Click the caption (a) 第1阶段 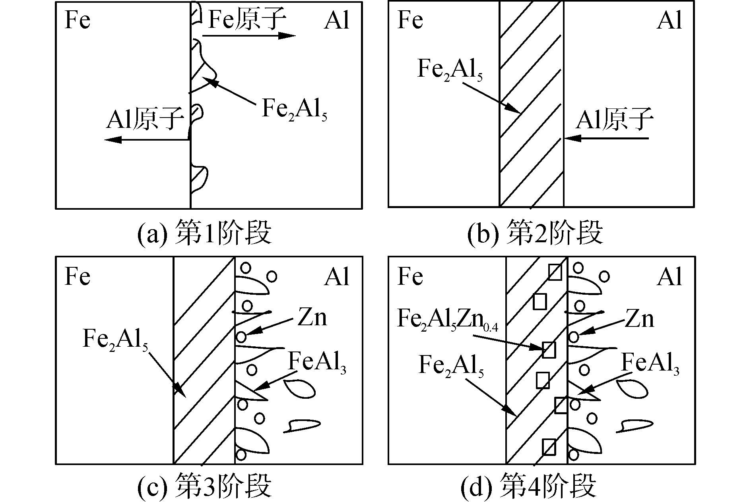204,234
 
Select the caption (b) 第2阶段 535,234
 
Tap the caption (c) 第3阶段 204,485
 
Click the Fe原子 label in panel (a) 246,20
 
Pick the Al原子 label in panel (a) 145,119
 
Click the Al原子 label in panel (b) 614,119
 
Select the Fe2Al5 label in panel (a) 294,109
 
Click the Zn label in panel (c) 312,318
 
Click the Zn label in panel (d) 639,319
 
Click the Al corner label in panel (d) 669,276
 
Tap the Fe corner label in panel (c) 78,276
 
